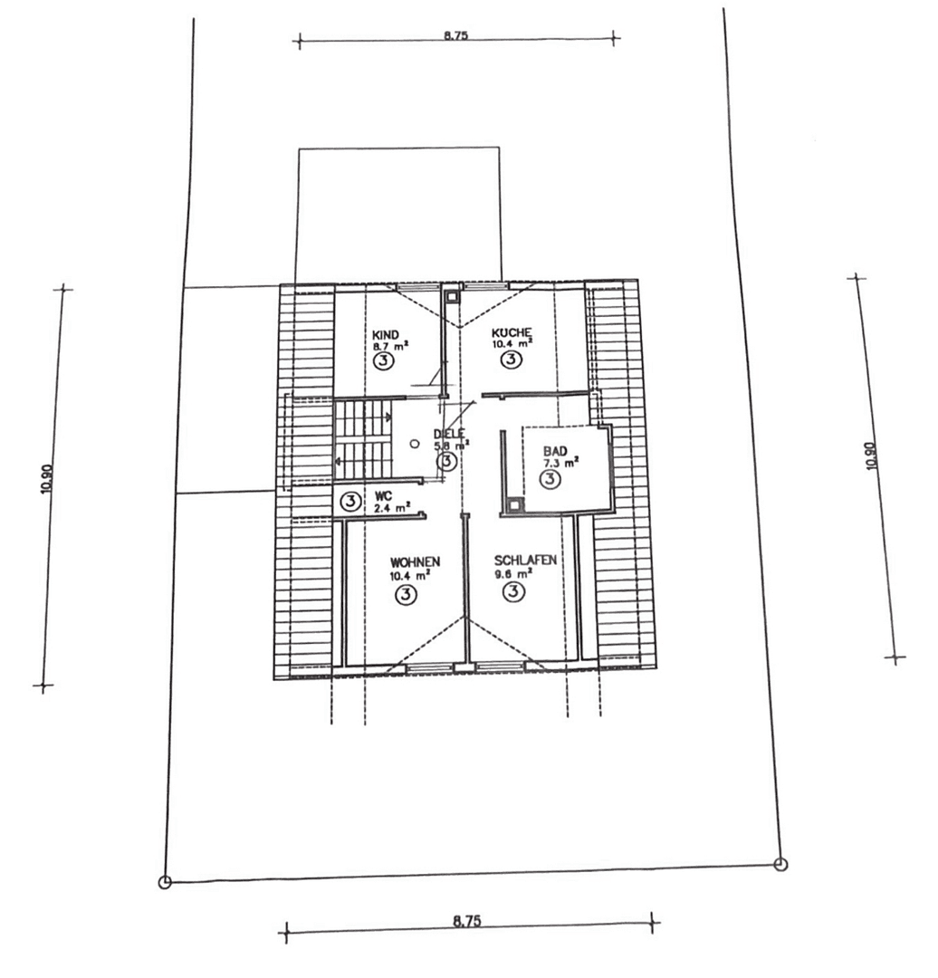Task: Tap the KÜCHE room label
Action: coord(512,331)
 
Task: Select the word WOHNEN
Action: coord(409,561)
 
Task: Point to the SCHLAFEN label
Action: coord(525,560)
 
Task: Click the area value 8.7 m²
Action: coord(389,345)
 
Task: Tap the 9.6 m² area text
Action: coord(513,572)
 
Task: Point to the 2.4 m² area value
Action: coord(392,508)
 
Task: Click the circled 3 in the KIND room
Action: coord(384,361)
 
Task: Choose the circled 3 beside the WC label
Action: coord(349,501)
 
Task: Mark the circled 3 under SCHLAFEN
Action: coord(513,592)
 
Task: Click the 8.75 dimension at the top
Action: coord(456,37)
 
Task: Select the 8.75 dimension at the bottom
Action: coord(467,921)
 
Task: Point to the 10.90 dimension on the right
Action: coord(871,455)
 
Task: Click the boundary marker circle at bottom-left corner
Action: coord(164,882)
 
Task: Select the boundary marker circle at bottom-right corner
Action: coord(781,864)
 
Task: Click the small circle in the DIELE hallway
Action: coord(414,445)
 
